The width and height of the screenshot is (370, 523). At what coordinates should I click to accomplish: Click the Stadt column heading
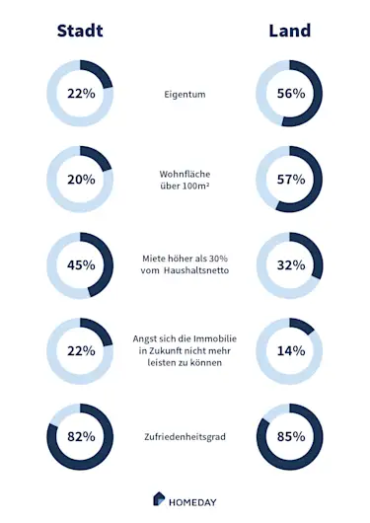tap(80, 31)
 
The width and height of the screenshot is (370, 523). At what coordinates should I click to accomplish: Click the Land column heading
tap(290, 31)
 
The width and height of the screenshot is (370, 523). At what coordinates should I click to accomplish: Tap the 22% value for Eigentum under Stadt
tap(81, 95)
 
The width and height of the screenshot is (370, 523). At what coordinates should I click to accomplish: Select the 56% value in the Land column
tap(290, 95)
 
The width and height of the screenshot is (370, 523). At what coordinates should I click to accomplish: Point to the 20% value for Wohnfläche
tap(81, 180)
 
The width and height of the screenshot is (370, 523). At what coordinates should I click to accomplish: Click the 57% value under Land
tap(290, 180)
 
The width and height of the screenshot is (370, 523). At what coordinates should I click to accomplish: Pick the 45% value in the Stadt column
tap(81, 264)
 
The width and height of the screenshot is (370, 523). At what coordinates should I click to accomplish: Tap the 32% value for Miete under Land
tap(290, 264)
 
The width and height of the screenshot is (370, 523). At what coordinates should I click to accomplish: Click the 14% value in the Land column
tap(290, 350)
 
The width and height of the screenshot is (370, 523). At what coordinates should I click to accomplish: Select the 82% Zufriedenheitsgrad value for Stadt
tap(81, 435)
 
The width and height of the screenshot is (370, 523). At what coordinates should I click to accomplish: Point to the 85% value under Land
tap(290, 435)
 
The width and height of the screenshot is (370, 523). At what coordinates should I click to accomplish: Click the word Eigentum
tap(185, 95)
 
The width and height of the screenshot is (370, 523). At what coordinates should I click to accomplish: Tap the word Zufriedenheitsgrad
tap(185, 436)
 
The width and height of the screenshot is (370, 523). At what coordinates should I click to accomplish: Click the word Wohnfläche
tap(185, 173)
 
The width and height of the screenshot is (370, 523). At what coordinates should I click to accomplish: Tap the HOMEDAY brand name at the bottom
tap(193, 499)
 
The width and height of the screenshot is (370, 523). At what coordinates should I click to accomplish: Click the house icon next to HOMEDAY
tap(159, 498)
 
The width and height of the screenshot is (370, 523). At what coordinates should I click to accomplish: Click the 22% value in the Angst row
tap(81, 350)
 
